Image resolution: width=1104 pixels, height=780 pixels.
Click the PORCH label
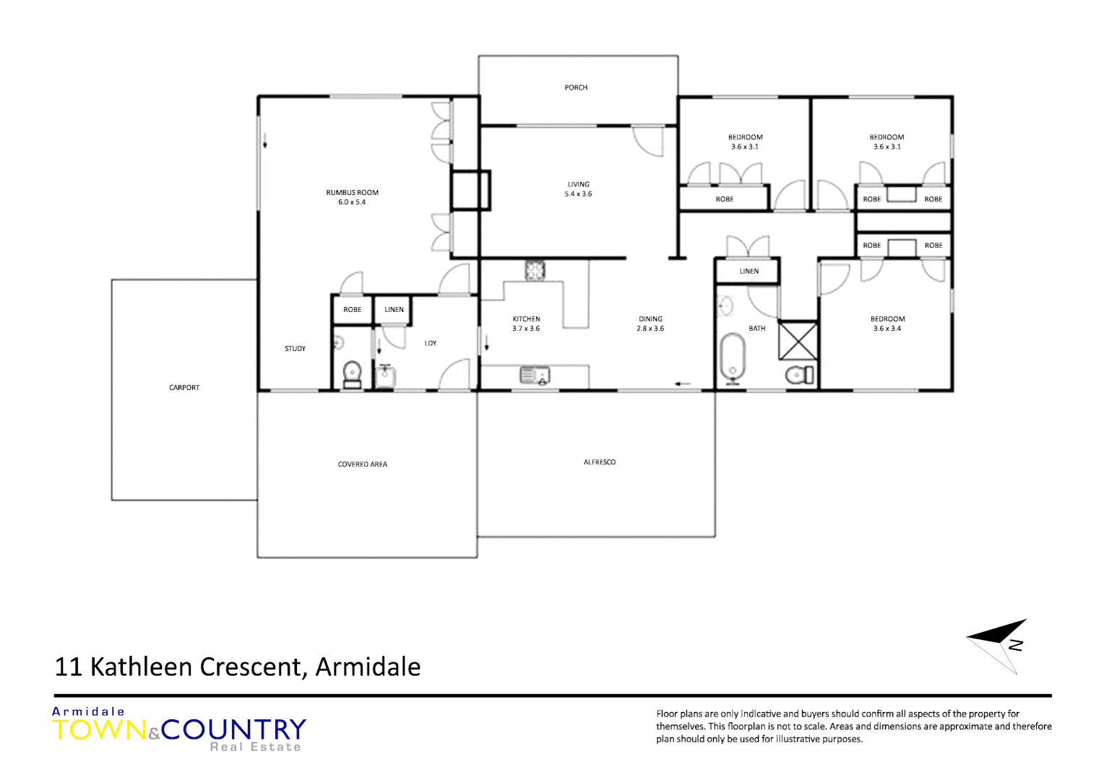[576, 87]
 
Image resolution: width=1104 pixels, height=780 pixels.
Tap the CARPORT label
[184, 388]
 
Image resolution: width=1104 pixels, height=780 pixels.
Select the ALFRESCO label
[600, 462]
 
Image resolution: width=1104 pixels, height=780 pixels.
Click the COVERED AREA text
[362, 464]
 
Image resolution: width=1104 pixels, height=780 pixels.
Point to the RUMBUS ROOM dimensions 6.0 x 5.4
[352, 202]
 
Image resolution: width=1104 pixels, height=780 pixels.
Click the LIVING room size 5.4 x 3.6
[578, 194]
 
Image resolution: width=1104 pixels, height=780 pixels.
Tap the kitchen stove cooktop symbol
[535, 271]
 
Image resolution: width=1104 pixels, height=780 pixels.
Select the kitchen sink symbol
[535, 376]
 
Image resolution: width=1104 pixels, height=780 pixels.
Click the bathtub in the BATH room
[733, 356]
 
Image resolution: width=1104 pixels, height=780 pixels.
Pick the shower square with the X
[798, 341]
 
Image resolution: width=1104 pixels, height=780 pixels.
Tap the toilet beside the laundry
[352, 373]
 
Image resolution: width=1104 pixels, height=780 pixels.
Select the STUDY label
[295, 349]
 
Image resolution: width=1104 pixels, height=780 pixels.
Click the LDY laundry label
[431, 344]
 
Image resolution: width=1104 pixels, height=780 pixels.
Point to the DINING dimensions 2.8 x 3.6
[650, 329]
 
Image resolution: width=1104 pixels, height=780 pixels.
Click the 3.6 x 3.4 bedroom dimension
[887, 329]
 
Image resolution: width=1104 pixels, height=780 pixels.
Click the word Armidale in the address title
[368, 667]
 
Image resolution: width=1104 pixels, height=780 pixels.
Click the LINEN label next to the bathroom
[749, 272]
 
